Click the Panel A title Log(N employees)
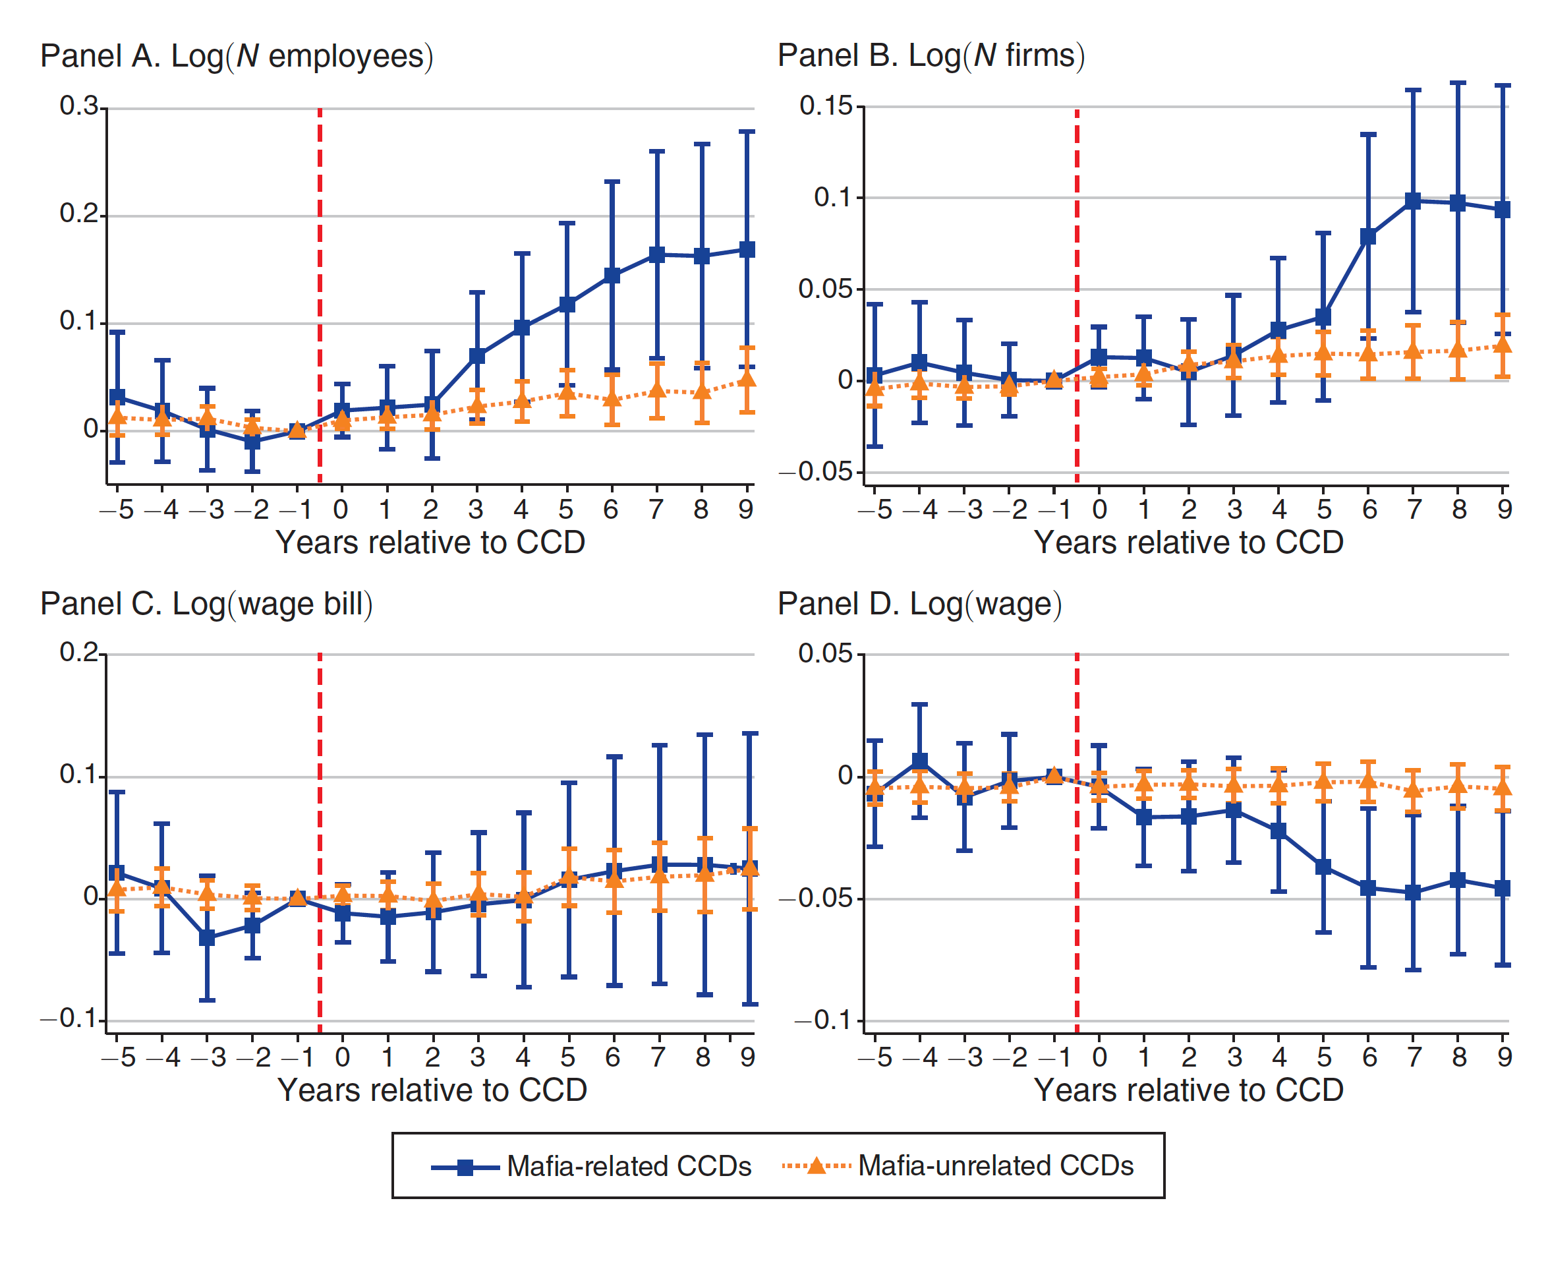click(x=237, y=56)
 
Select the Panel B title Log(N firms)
click(x=931, y=55)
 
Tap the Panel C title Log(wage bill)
click(x=206, y=604)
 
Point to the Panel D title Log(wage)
click(x=919, y=604)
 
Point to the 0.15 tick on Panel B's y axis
click(x=825, y=106)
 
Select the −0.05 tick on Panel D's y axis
click(x=815, y=899)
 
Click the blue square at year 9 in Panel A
click(x=747, y=250)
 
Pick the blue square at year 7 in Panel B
click(x=1414, y=200)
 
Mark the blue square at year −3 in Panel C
click(x=207, y=938)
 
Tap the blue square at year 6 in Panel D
click(x=1368, y=888)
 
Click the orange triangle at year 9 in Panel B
click(x=1503, y=345)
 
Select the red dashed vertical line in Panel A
click(x=320, y=292)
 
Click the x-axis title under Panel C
click(x=432, y=1090)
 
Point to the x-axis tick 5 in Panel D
click(x=1324, y=1057)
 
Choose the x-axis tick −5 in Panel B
click(x=876, y=510)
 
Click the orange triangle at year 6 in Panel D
click(x=1368, y=782)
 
